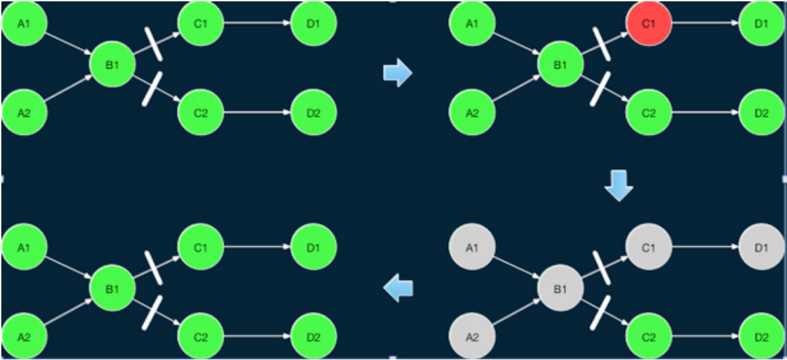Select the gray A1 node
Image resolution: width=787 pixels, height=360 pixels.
pyautogui.click(x=472, y=248)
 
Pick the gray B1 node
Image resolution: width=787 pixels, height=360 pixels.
pyautogui.click(x=561, y=289)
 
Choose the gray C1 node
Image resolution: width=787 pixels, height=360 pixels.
pyautogui.click(x=649, y=248)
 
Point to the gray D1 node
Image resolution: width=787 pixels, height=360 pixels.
pyautogui.click(x=762, y=248)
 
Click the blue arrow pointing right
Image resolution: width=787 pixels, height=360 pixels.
pyautogui.click(x=397, y=73)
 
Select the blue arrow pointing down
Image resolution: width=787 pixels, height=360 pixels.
pyautogui.click(x=619, y=188)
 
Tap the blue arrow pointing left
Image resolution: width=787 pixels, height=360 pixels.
pyautogui.click(x=399, y=288)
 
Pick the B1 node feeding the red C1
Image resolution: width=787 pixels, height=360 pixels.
pyautogui.click(x=561, y=65)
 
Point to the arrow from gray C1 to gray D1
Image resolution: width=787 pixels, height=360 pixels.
pyautogui.click(x=706, y=248)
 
